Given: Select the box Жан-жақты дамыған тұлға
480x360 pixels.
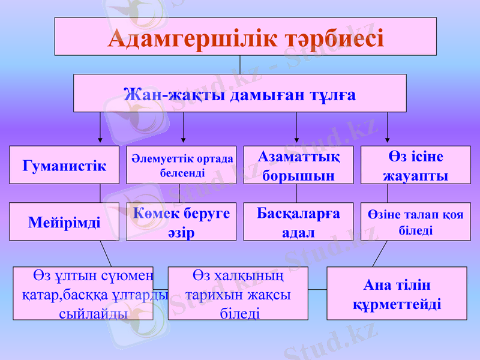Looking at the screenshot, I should coord(239,94).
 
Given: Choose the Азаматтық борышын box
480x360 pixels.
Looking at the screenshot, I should coord(298,165).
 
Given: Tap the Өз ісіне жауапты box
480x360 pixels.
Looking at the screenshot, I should coord(415,165).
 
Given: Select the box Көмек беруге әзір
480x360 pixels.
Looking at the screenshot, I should coord(182,222).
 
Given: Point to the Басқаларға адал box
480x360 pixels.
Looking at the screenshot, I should coord(298,222).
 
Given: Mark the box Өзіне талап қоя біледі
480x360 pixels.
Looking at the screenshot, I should coord(415,222).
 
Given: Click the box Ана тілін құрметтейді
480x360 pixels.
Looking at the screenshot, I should coord(397,293).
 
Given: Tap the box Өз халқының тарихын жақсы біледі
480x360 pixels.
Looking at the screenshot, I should coord(238,293).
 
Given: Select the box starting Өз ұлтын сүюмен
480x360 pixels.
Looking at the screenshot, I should coord(83,293).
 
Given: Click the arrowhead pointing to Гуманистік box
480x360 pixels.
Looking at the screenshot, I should coord(100,141).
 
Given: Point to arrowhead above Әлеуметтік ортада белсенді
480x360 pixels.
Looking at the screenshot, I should coord(183,141).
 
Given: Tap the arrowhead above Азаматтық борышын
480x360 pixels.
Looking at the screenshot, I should coord(296,141).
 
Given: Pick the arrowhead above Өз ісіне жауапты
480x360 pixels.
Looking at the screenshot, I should coord(387,141).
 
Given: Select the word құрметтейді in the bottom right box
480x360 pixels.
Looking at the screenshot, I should coord(397,304).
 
